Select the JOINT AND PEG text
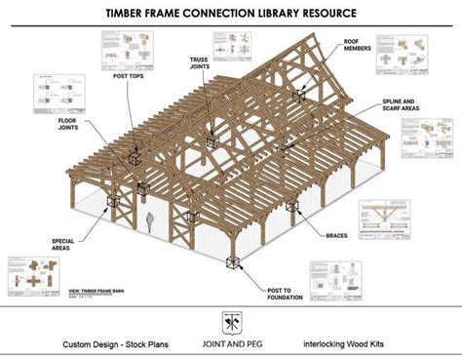[x=230, y=343]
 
